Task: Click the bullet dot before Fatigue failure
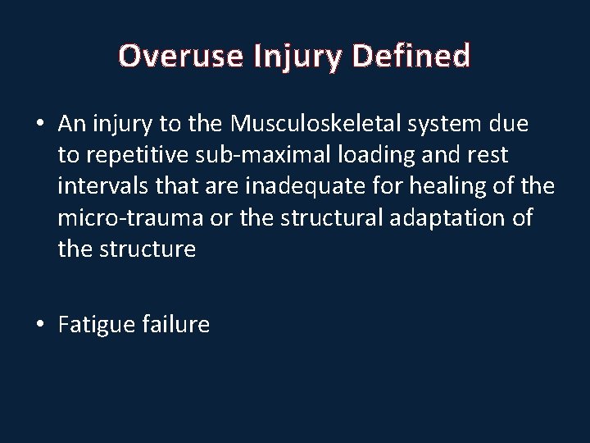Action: (39, 324)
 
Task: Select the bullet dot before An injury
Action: (39, 123)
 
